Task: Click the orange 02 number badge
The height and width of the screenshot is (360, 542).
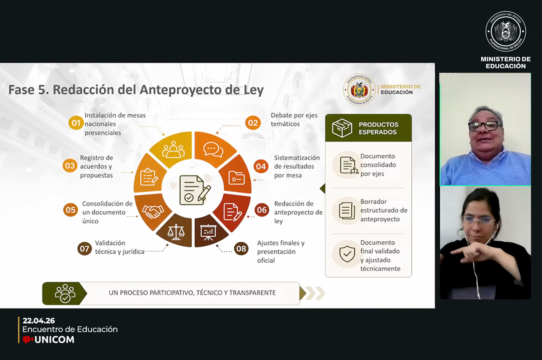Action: click(x=253, y=123)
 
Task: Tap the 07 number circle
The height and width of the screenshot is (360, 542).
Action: click(x=84, y=249)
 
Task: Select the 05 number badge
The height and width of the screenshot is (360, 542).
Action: click(x=70, y=210)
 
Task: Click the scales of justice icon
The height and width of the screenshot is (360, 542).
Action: click(x=176, y=232)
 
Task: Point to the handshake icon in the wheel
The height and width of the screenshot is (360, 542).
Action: click(x=153, y=211)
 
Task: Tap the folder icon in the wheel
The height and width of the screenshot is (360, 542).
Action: click(x=237, y=178)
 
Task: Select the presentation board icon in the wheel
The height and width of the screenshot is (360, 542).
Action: click(x=208, y=232)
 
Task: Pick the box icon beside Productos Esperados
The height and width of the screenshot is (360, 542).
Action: click(x=342, y=128)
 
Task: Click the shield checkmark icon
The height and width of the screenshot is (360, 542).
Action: click(x=347, y=254)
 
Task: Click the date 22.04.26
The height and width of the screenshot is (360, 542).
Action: click(x=39, y=321)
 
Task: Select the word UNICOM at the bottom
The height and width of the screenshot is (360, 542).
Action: click(x=55, y=340)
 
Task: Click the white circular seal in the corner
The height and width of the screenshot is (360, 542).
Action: click(x=506, y=31)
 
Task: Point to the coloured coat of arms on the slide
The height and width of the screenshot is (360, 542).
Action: click(x=359, y=90)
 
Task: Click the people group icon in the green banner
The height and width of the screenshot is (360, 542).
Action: click(x=65, y=293)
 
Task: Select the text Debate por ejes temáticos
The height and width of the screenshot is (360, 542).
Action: click(x=294, y=119)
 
